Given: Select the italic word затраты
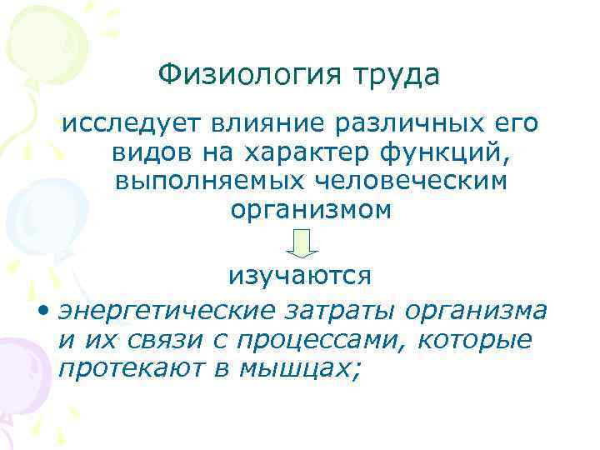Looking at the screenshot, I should pos(339,310).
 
